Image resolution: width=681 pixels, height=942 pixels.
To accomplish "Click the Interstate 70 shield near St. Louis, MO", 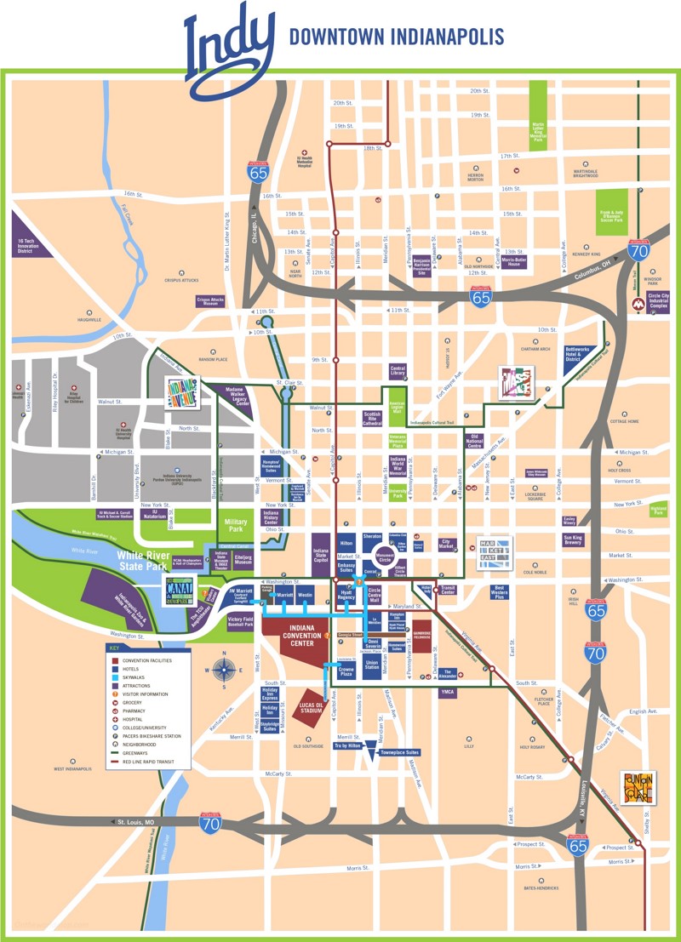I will click(x=210, y=821).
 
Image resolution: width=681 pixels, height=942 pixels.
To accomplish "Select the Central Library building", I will click(x=398, y=370).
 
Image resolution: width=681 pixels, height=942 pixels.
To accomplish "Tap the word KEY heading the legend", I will click(x=113, y=649).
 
